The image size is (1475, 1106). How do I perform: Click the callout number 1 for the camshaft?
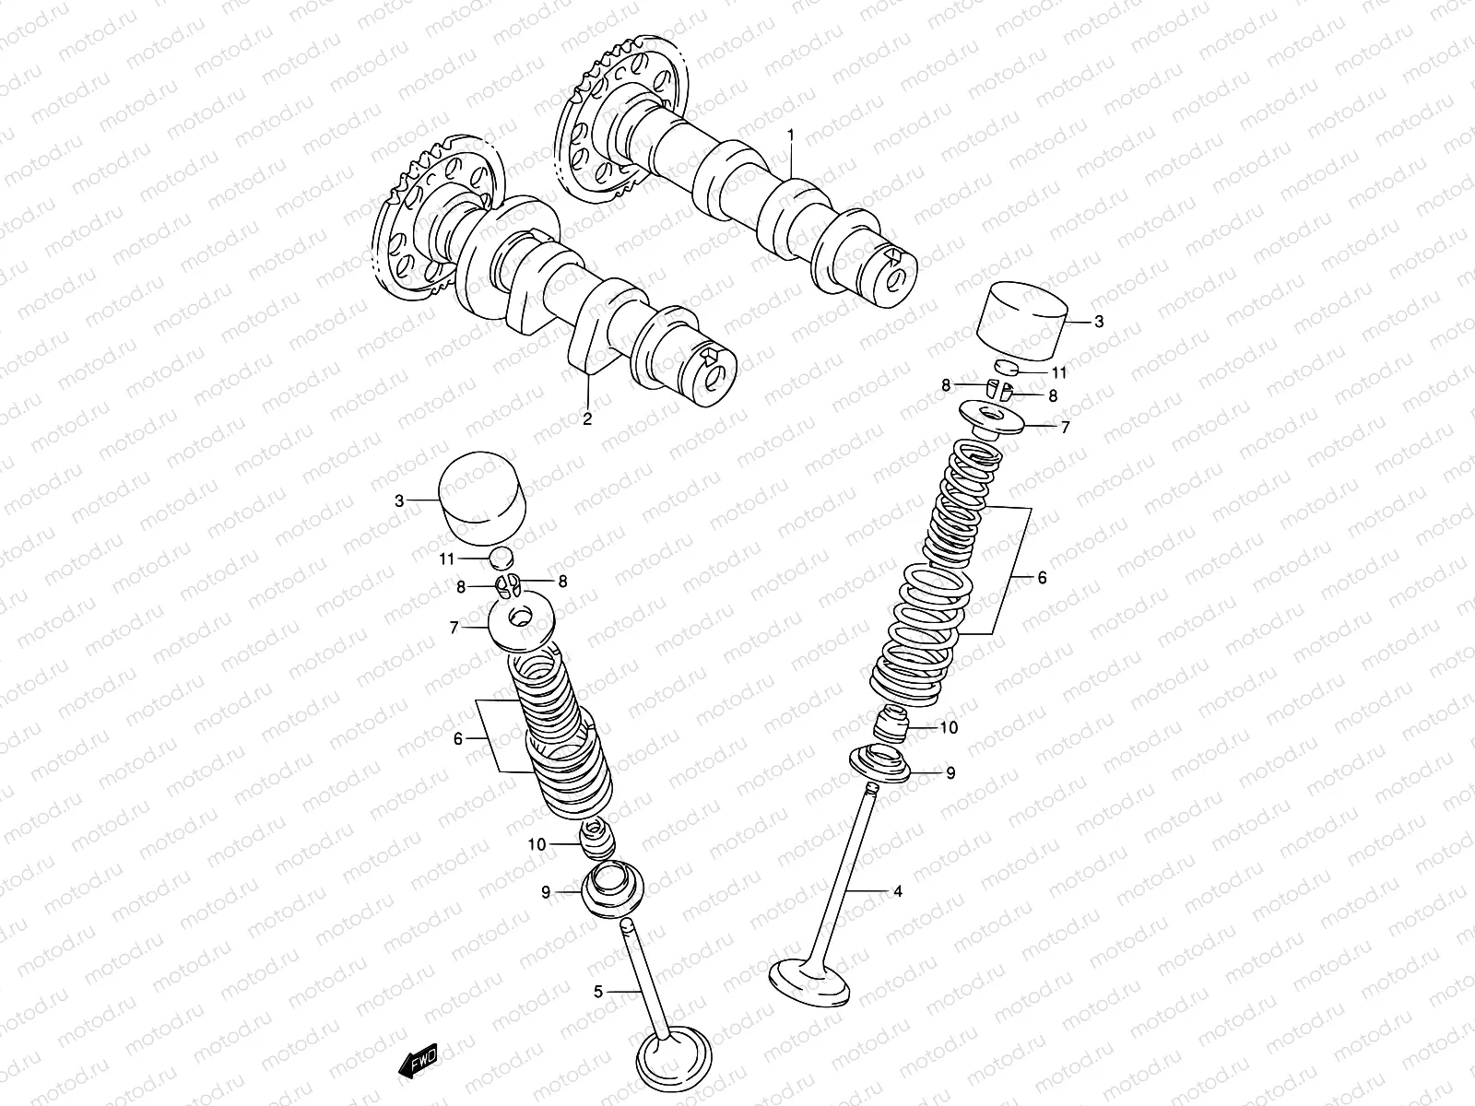click(x=790, y=135)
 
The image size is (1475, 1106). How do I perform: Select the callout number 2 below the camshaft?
click(x=586, y=419)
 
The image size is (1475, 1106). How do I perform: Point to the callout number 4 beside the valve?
click(x=897, y=891)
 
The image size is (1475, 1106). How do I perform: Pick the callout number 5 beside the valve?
click(x=598, y=992)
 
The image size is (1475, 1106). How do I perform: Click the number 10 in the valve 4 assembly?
click(x=949, y=727)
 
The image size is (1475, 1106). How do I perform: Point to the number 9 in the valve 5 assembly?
click(x=546, y=891)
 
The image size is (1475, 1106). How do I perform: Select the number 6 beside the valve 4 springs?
click(x=1042, y=578)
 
